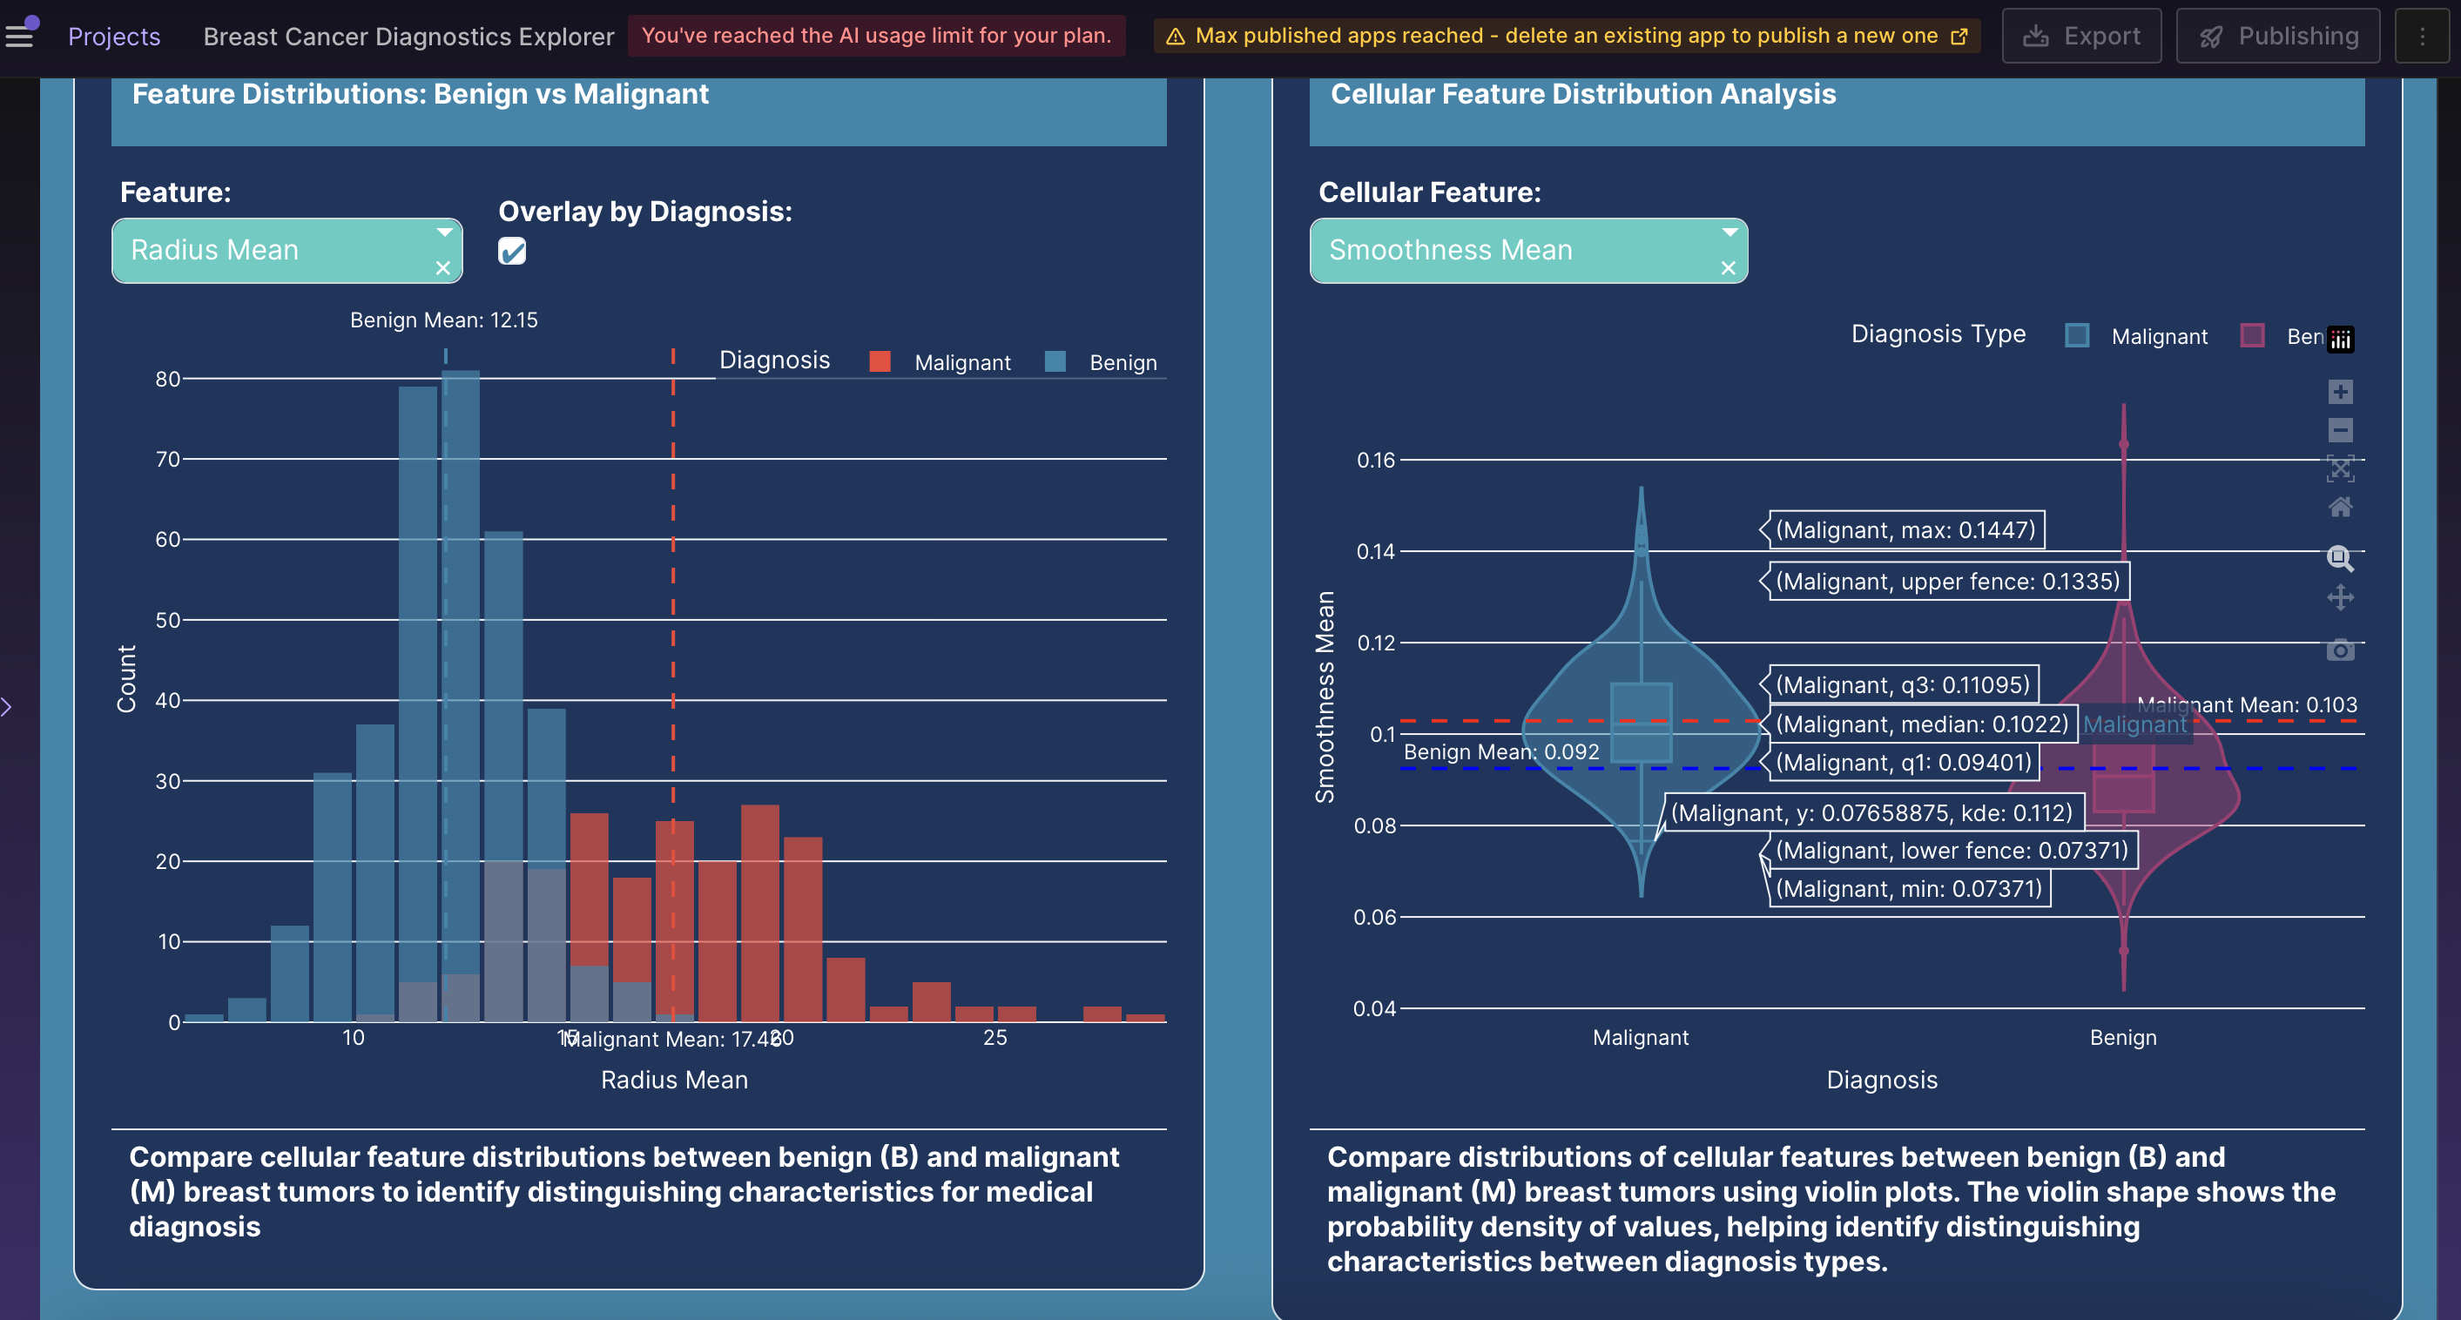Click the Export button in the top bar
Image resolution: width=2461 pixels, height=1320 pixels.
[2080, 37]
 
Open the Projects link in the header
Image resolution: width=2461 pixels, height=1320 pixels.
[114, 37]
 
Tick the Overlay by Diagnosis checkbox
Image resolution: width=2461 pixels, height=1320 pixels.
[512, 252]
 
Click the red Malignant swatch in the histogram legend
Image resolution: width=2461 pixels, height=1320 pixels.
[880, 362]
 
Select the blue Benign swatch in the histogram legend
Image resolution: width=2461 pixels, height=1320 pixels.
[1055, 362]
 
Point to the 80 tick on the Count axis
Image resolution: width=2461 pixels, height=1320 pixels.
[168, 379]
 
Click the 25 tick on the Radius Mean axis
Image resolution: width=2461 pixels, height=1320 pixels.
[995, 1037]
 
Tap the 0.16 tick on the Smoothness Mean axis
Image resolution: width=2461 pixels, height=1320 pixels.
[1376, 461]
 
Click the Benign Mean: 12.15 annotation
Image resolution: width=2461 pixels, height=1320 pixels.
[443, 320]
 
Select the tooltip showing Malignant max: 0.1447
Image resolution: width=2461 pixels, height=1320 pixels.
[1905, 530]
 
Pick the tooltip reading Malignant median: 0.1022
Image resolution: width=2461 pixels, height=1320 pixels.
[1921, 724]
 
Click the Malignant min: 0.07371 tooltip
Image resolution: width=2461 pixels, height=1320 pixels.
[1908, 889]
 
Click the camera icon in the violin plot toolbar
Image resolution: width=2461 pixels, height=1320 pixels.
[2340, 650]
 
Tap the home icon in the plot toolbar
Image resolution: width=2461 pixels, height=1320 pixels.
[2340, 507]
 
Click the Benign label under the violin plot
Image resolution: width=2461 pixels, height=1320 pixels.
[2123, 1037]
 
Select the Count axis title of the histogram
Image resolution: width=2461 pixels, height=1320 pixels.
[126, 679]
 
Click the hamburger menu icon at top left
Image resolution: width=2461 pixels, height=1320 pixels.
[20, 37]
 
